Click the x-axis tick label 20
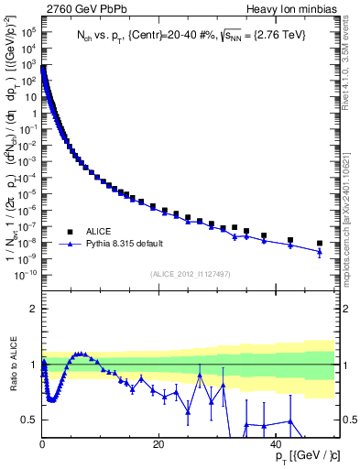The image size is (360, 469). (x=158, y=444)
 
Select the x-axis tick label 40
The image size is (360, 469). (x=275, y=444)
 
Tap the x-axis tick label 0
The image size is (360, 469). (x=42, y=444)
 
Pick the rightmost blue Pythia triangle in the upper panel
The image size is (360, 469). (x=320, y=252)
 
